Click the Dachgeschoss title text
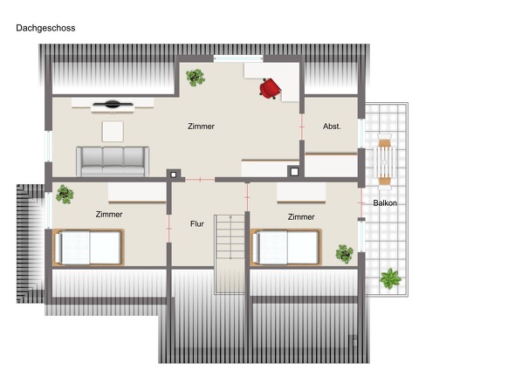[45, 28]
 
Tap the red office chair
[271, 87]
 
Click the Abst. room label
[331, 127]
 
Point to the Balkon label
[385, 202]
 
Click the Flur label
[197, 224]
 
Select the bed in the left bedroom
[88, 247]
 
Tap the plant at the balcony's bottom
[391, 279]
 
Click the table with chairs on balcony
[385, 161]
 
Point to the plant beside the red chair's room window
[196, 77]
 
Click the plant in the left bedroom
[65, 193]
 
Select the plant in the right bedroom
[345, 254]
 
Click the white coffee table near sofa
[113, 131]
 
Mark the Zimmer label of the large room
[201, 127]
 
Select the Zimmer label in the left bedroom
[109, 214]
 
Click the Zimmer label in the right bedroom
[300, 216]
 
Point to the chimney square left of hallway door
[173, 173]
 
